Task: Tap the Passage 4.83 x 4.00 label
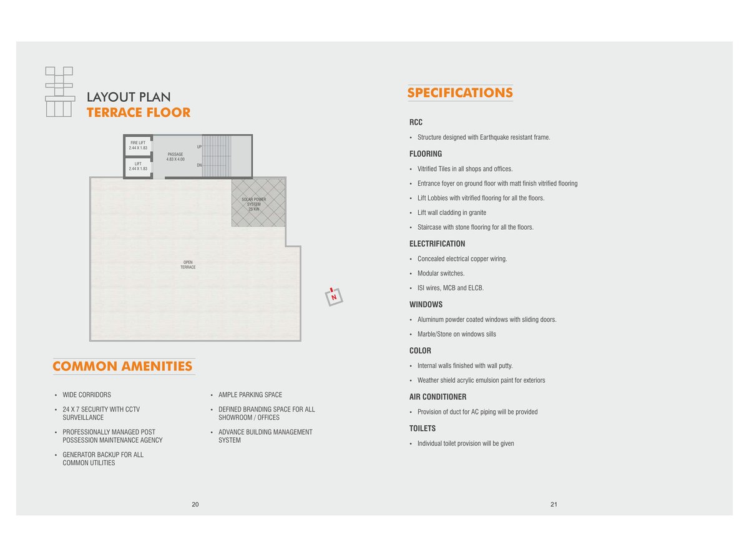click(x=175, y=156)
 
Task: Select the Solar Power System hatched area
click(x=258, y=203)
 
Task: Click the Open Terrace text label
click(x=188, y=265)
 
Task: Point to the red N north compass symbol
click(x=334, y=297)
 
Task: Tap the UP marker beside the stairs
click(x=199, y=147)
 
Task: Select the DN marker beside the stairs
click(x=199, y=165)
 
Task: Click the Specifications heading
click(x=460, y=93)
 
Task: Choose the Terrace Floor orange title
click(x=139, y=113)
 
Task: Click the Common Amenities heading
click(x=123, y=367)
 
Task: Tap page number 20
click(x=195, y=505)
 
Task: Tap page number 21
click(x=554, y=505)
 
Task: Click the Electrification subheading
click(x=437, y=244)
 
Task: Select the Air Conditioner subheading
click(x=438, y=397)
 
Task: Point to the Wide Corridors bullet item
click(x=86, y=395)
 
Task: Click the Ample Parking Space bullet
click(x=250, y=395)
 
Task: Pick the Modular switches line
click(x=441, y=274)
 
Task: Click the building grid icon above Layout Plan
click(x=59, y=91)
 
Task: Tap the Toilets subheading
click(x=423, y=428)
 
